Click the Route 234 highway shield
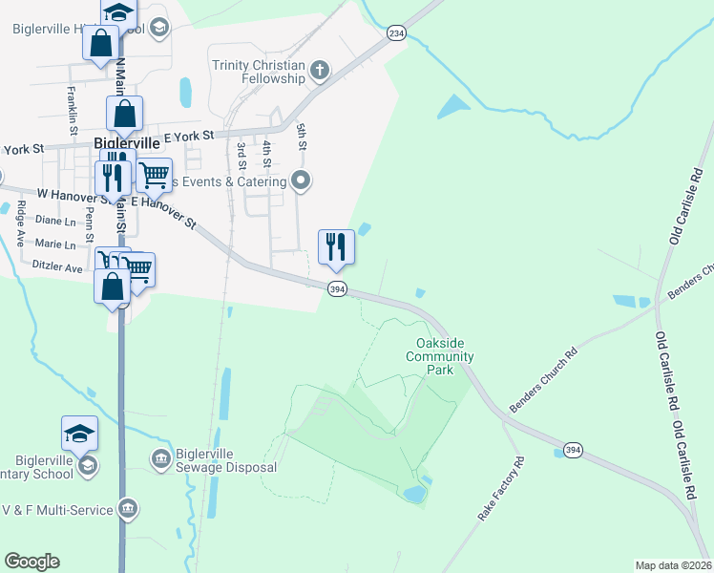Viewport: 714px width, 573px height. [395, 33]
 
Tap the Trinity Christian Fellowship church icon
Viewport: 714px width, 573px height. [319, 70]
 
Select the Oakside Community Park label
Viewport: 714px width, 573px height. [439, 356]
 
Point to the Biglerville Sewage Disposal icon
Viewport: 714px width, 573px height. [160, 460]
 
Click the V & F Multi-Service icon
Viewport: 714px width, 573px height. [127, 509]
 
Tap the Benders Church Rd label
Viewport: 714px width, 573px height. [544, 380]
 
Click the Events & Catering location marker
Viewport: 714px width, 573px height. [302, 180]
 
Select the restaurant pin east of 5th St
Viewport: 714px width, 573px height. [336, 246]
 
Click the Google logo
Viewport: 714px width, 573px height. [31, 562]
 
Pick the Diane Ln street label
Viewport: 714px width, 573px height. [54, 221]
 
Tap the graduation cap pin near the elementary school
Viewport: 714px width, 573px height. [79, 434]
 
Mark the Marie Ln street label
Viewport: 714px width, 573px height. [55, 245]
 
